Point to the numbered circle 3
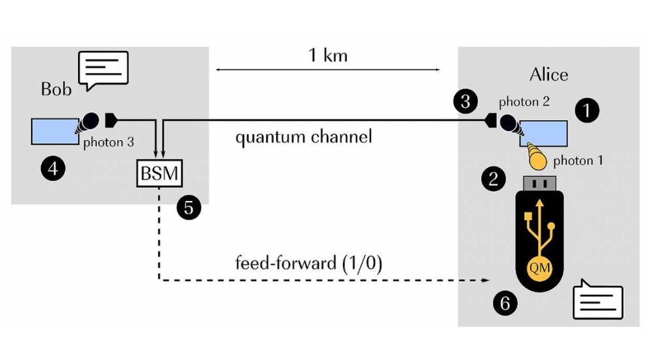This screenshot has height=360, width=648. pyautogui.click(x=463, y=101)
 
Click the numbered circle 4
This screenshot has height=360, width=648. pyautogui.click(x=53, y=169)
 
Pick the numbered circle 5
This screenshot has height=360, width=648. pyautogui.click(x=189, y=208)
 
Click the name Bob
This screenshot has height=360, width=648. pyautogui.click(x=56, y=88)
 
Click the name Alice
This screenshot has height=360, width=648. pyautogui.click(x=548, y=74)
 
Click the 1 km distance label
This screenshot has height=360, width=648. pyautogui.click(x=328, y=55)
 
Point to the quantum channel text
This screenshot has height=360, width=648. pyautogui.click(x=304, y=137)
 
